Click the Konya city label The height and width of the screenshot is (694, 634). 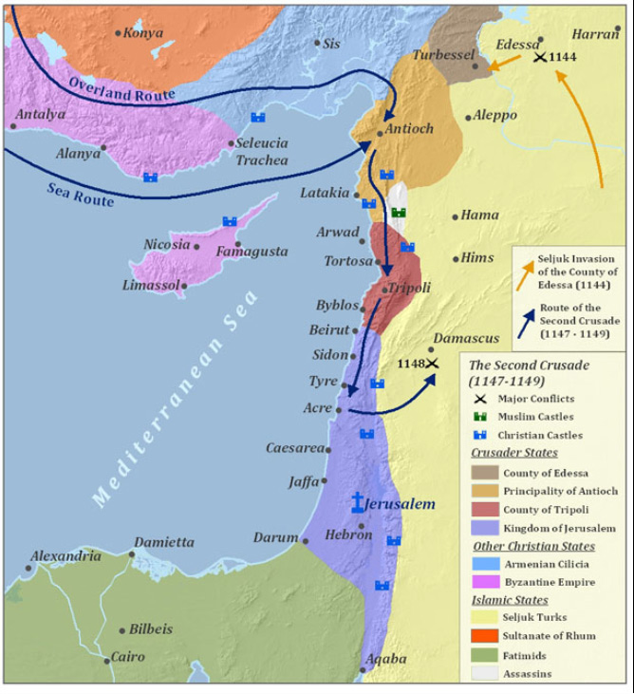tap(144, 32)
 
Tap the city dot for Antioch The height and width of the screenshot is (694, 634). tap(380, 131)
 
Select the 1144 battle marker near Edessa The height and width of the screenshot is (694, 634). tap(539, 58)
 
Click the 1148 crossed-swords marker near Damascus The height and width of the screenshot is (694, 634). tap(432, 364)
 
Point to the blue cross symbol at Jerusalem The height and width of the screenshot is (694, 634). tap(358, 503)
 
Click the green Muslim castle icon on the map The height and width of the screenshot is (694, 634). tap(400, 213)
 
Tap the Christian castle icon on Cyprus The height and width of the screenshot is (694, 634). tap(230, 221)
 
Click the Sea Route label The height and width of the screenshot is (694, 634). tap(81, 194)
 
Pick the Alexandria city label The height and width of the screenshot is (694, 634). tap(65, 556)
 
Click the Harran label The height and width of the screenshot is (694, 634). tap(596, 33)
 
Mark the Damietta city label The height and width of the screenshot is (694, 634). tap(163, 542)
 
